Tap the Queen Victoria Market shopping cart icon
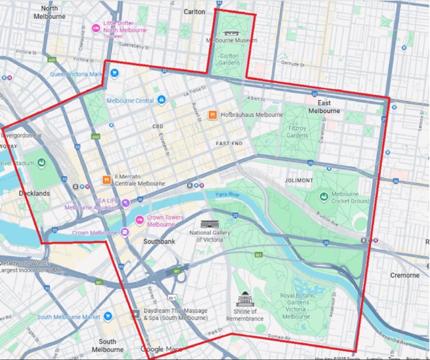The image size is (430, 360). click(114, 73)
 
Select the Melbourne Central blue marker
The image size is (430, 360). click(162, 100)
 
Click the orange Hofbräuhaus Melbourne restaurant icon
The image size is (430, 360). click(212, 115)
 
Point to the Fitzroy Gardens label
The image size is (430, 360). click(297, 131)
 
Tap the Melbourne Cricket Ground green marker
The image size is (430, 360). click(324, 197)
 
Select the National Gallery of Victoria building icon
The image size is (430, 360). click(206, 224)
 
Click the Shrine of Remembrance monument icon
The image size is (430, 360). click(245, 300)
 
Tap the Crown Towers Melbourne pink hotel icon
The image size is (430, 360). click(140, 220)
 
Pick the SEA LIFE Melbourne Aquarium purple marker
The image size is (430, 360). click(126, 202)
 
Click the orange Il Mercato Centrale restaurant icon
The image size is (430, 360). click(106, 180)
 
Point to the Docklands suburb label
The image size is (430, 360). click(34, 193)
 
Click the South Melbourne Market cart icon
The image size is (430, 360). click(108, 316)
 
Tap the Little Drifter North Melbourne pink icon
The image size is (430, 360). click(96, 28)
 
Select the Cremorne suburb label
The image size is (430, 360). click(404, 275)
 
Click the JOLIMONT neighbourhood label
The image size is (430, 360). click(299, 180)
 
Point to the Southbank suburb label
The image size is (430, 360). click(159, 242)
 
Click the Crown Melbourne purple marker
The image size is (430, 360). click(124, 232)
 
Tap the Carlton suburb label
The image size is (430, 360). click(194, 12)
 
